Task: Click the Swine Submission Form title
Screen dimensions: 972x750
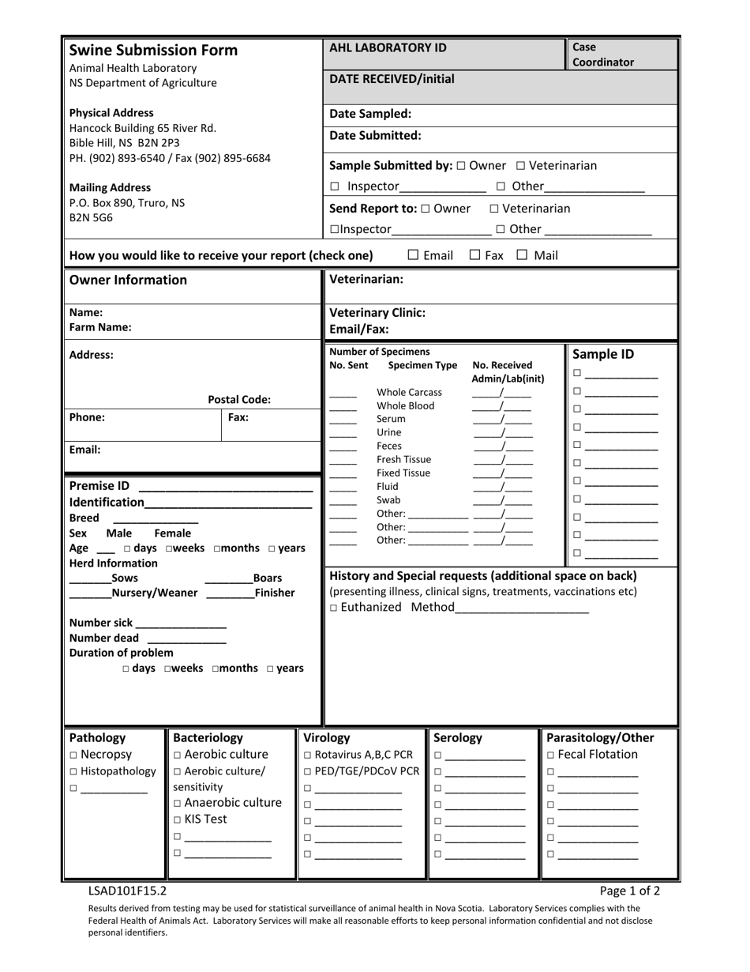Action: (x=153, y=51)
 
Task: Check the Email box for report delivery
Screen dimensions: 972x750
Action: (x=414, y=255)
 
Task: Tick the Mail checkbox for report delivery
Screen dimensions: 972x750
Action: (x=523, y=255)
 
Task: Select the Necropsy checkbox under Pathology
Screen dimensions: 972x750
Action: (x=73, y=755)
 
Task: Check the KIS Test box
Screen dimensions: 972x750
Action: (x=178, y=819)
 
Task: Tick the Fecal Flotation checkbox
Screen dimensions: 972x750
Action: (x=551, y=755)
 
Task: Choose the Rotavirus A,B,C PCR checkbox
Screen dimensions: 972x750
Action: (x=308, y=755)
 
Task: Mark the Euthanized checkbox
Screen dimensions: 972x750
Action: (x=334, y=608)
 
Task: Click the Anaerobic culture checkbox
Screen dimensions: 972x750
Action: (x=178, y=804)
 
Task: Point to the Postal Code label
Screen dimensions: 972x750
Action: (x=238, y=399)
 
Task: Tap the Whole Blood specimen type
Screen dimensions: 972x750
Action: (x=405, y=405)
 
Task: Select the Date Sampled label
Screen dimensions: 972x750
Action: (x=370, y=114)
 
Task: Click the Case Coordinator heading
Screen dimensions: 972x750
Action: (x=602, y=55)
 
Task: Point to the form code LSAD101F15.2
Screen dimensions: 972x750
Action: (x=127, y=891)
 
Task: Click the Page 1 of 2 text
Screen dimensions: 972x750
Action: (x=629, y=891)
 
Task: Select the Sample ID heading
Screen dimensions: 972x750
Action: (x=602, y=354)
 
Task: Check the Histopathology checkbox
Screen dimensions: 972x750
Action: (x=73, y=772)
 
